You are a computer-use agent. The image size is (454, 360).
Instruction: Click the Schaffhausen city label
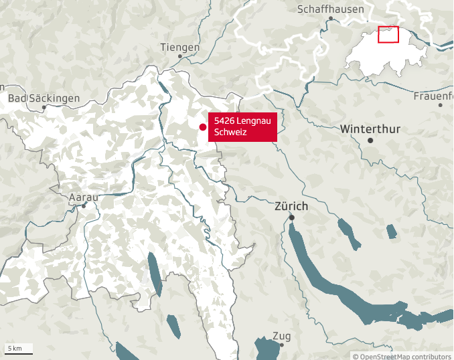pos(331,9)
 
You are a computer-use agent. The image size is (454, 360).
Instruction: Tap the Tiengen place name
pos(180,47)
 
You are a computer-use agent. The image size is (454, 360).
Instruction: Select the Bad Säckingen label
pos(44,98)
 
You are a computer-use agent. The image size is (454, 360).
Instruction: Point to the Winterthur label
pos(370,128)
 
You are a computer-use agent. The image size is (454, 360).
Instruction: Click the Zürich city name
pos(291,206)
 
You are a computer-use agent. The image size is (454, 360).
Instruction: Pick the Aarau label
pos(84,197)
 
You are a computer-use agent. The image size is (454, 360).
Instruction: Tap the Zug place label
pos(282,336)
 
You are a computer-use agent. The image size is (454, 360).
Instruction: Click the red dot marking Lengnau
pos(203,127)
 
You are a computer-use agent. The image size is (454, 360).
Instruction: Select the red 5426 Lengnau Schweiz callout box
pos(242,127)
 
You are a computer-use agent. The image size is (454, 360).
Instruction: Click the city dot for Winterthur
pos(370,141)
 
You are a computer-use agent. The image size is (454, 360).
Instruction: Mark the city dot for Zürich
pos(292,217)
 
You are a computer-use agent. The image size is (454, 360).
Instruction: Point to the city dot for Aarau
pos(84,205)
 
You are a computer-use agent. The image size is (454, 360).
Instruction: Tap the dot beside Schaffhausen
pos(331,19)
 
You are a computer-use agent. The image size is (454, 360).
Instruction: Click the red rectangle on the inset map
pos(388,34)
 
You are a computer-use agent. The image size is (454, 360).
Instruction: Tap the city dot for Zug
pos(282,345)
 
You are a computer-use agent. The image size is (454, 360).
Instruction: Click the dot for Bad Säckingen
pos(44,107)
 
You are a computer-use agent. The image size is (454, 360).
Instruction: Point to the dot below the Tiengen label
pos(180,56)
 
